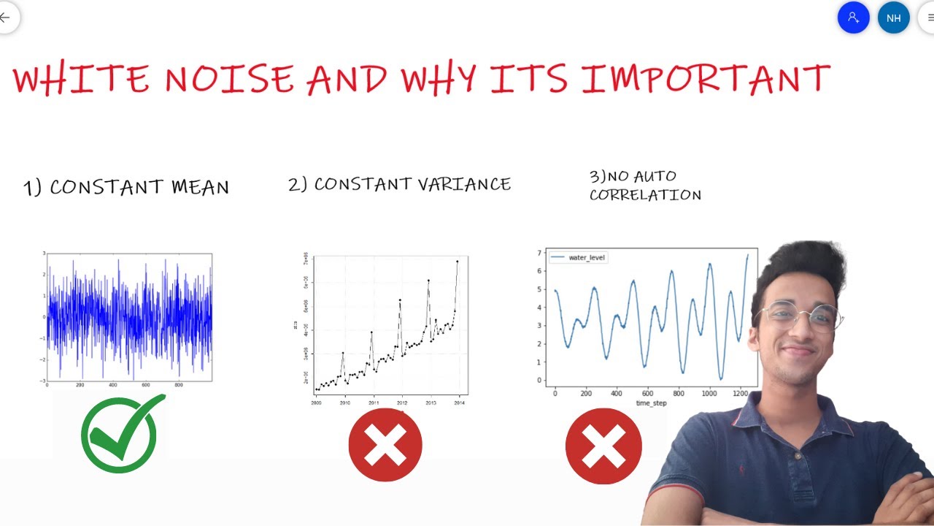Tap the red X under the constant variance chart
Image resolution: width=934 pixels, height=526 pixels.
tap(385, 445)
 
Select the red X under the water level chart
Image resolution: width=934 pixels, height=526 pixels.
tap(603, 446)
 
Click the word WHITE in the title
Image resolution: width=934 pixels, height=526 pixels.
tap(80, 79)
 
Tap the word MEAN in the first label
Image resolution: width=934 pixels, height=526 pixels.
tap(200, 187)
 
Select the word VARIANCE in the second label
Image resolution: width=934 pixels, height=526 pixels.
tap(464, 184)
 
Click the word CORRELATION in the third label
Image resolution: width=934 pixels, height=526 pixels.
tap(645, 195)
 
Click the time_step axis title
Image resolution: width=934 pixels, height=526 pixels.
tap(651, 403)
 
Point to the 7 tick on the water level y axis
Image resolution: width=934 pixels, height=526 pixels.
tap(539, 254)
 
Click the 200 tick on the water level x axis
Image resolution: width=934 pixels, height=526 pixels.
tap(585, 393)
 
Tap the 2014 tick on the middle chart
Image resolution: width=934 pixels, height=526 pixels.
tap(459, 403)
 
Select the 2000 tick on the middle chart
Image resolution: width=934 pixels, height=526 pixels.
tap(316, 403)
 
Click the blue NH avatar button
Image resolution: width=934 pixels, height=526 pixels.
tap(893, 18)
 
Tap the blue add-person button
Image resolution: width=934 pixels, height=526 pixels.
tap(853, 18)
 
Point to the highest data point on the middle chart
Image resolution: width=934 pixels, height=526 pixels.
tap(458, 261)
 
